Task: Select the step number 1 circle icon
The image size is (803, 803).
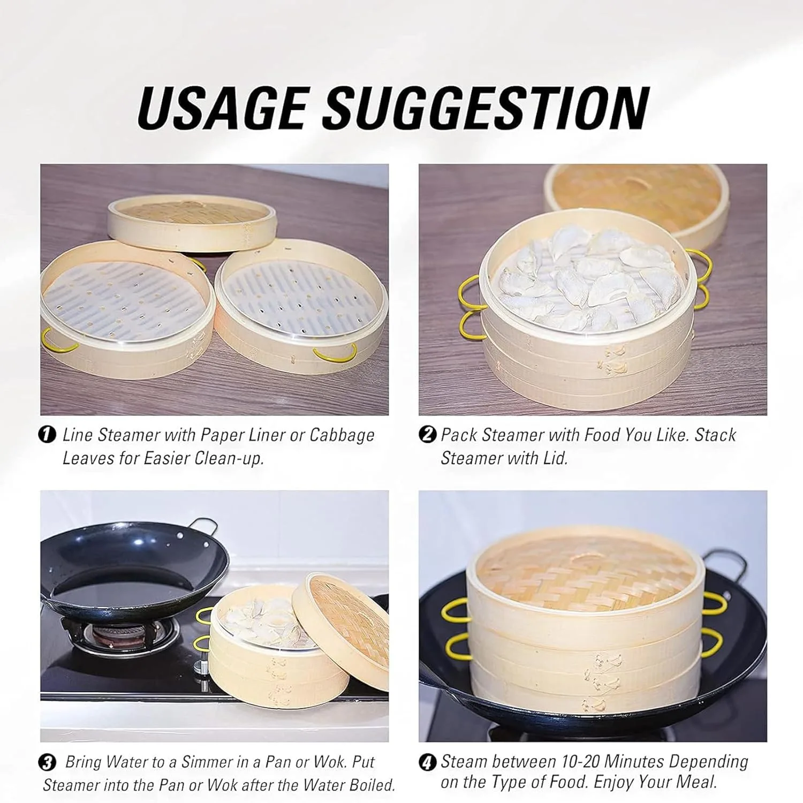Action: (x=48, y=434)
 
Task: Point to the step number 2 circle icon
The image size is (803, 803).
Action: (x=427, y=434)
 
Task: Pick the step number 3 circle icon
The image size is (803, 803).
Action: (x=48, y=761)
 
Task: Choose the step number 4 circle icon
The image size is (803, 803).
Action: (x=427, y=761)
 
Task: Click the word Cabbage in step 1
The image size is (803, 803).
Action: (x=342, y=435)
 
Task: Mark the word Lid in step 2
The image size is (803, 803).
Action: (x=555, y=458)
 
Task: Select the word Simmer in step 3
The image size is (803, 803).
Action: (x=209, y=761)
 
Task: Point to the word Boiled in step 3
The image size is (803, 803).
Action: (x=371, y=785)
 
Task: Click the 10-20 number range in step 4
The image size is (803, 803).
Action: (x=580, y=761)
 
